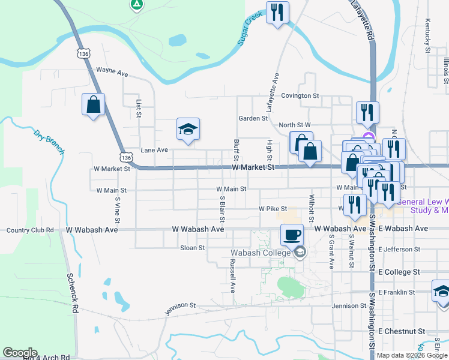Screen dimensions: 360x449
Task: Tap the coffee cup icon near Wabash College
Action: tap(292, 235)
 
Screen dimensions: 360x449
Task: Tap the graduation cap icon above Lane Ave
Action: tap(188, 129)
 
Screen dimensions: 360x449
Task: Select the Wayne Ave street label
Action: tap(112, 71)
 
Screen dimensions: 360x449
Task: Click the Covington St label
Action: tap(300, 95)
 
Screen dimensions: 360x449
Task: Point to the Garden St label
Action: tap(253, 118)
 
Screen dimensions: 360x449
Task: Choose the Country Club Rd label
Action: tap(30, 230)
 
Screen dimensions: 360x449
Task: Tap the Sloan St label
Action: tap(193, 247)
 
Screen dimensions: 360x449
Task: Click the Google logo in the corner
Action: tap(20, 353)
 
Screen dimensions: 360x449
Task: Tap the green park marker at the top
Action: tap(137, 5)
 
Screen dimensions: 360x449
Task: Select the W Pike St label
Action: tap(270, 209)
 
